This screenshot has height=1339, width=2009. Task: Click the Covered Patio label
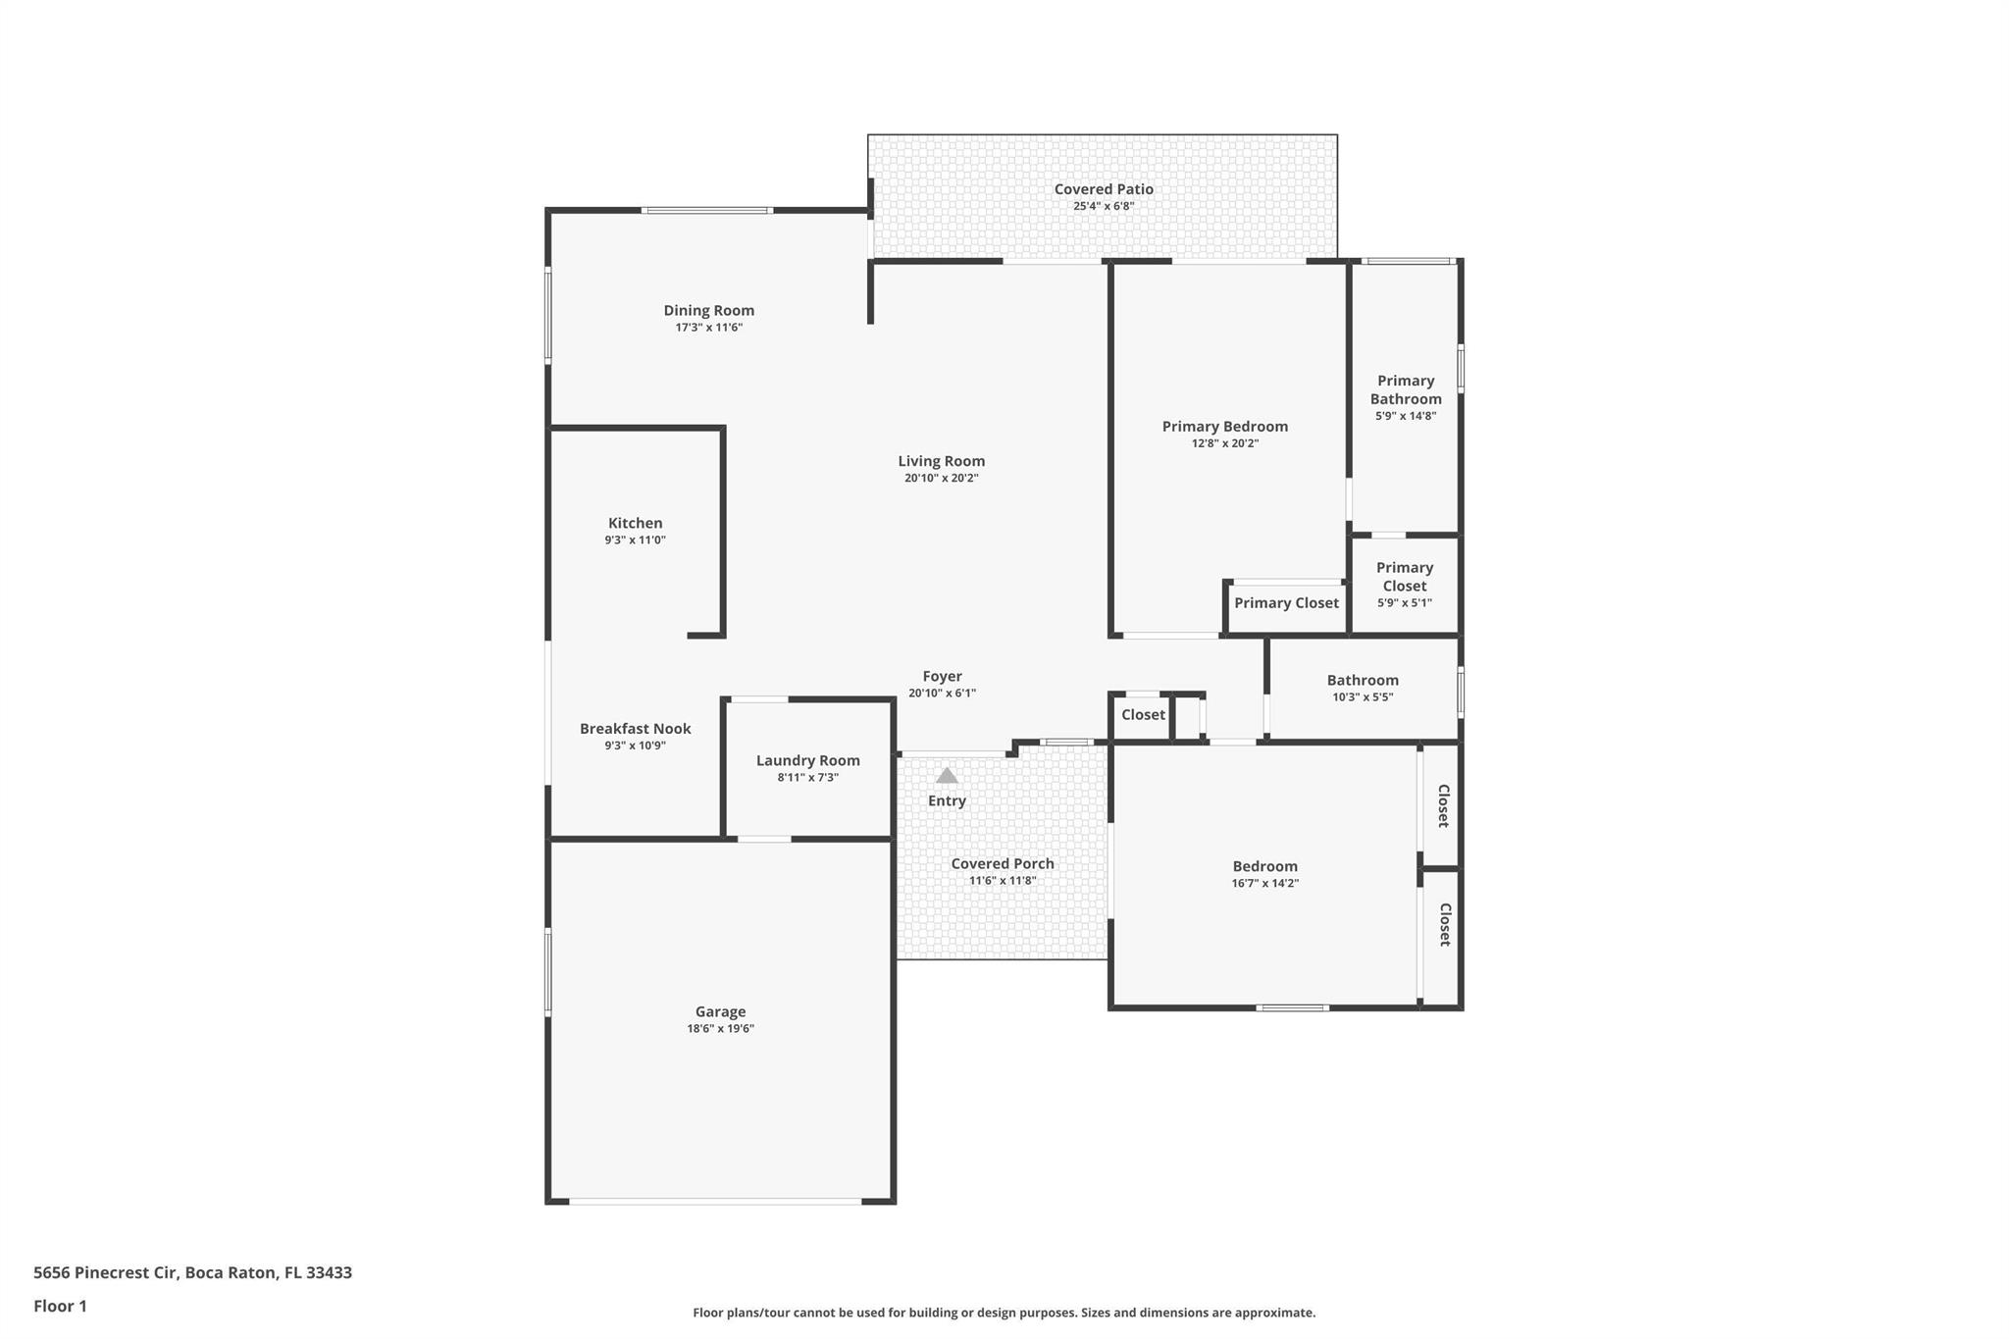click(1103, 189)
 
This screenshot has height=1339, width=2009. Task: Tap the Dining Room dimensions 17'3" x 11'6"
click(708, 328)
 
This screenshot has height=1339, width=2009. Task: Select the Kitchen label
click(635, 523)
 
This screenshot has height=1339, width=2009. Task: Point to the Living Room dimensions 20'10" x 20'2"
click(941, 479)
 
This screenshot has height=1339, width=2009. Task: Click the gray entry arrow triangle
click(947, 776)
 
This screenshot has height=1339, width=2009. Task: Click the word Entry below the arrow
click(947, 800)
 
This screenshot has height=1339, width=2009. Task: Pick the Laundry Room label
click(807, 760)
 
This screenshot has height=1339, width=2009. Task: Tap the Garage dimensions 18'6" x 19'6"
click(720, 1029)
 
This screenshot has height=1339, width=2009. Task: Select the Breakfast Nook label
click(635, 728)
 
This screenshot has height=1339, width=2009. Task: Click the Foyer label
click(942, 676)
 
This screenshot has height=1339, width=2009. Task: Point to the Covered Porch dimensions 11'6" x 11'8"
click(1002, 881)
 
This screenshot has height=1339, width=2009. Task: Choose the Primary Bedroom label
click(1224, 426)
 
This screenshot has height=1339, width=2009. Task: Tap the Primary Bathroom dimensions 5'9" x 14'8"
click(1405, 416)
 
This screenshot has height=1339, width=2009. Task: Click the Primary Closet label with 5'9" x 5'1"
click(1404, 577)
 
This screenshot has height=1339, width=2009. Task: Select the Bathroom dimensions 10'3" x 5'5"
click(1362, 697)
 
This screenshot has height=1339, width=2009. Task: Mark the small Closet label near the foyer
click(1143, 714)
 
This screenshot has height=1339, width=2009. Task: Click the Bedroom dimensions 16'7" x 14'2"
click(1264, 883)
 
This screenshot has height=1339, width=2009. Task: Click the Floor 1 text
click(60, 1306)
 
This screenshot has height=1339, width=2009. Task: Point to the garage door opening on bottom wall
click(715, 1201)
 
